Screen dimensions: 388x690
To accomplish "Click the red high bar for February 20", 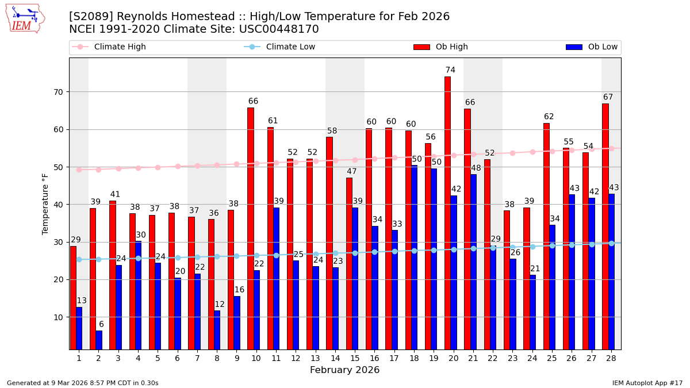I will pyautogui.click(x=447, y=213).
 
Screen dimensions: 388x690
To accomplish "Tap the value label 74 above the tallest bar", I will pyautogui.click(x=450, y=70).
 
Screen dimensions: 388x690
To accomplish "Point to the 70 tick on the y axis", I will pyautogui.click(x=58, y=92).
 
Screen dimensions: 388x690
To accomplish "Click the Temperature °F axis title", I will pyautogui.click(x=45, y=203).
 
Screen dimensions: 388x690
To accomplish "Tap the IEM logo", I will pyautogui.click(x=25, y=18).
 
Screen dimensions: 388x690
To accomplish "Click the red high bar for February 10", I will pyautogui.click(x=251, y=228).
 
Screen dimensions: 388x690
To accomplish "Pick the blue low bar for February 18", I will pyautogui.click(x=415, y=257).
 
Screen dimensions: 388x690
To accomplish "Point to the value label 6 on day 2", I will pyautogui.click(x=101, y=325).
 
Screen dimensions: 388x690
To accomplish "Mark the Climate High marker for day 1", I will pyautogui.click(x=79, y=170).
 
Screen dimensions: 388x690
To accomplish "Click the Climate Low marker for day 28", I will pyautogui.click(x=611, y=243).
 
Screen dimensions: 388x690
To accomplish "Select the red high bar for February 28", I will pyautogui.click(x=605, y=226).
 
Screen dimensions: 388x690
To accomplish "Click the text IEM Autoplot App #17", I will pyautogui.click(x=647, y=383).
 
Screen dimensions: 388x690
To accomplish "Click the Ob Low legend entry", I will pyautogui.click(x=592, y=47).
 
